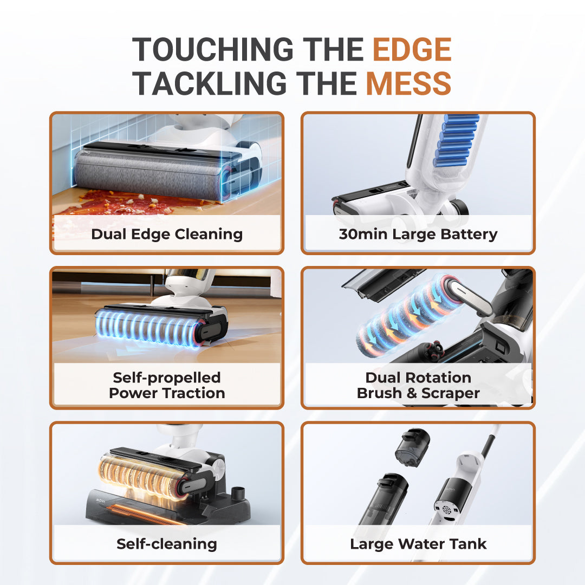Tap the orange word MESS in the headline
408,83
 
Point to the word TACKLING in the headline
210,83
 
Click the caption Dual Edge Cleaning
167,235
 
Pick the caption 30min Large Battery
418,235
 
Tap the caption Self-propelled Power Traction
167,386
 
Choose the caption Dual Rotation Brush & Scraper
418,386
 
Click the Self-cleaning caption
167,544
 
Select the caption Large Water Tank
418,544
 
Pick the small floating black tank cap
412,447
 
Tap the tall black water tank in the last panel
382,502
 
